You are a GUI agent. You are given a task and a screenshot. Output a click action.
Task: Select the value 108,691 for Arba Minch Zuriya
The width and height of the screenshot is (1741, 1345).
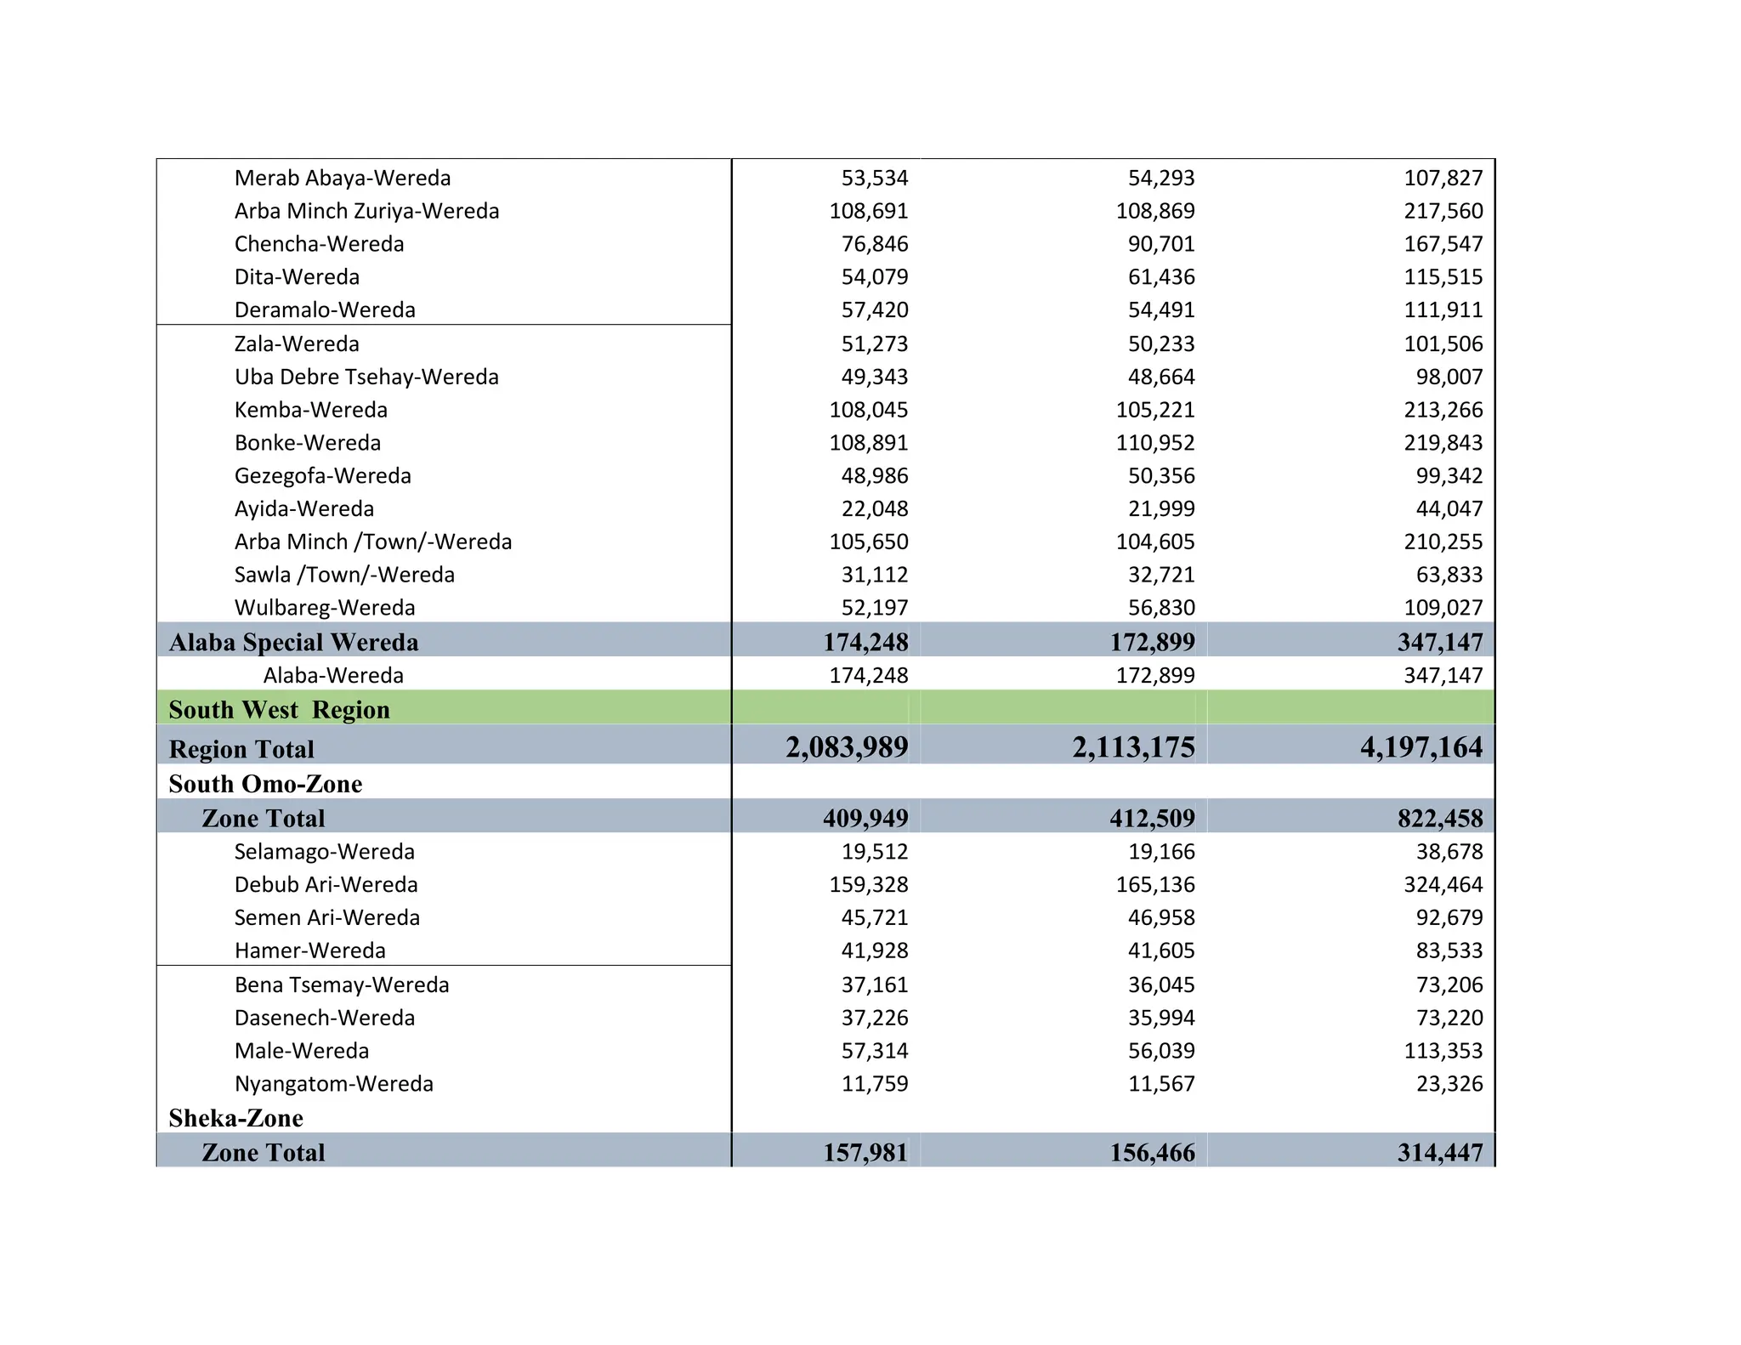tap(868, 211)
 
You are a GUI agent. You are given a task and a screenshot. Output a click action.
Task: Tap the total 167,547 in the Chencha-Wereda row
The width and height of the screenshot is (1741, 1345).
tap(1443, 244)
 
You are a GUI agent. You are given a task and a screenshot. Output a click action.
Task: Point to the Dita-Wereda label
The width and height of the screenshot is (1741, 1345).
tap(297, 277)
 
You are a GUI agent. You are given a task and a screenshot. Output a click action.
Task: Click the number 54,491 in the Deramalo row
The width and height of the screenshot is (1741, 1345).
tap(1160, 310)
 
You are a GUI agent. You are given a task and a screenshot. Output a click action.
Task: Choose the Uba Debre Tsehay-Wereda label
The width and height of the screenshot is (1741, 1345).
tap(366, 377)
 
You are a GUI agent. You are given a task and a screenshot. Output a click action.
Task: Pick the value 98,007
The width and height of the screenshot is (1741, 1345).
tap(1449, 377)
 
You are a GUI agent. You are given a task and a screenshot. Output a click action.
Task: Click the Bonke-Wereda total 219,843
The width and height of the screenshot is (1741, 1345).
tap(1443, 443)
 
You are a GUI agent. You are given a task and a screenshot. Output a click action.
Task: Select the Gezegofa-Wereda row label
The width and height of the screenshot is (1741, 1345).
tap(322, 476)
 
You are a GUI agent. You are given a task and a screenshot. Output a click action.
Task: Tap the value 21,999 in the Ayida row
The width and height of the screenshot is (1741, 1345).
tap(1160, 509)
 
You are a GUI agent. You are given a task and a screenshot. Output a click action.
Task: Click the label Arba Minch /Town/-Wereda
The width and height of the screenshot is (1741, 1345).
tap(373, 542)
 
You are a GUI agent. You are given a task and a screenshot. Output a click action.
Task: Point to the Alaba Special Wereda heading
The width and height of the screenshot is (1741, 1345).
tap(293, 642)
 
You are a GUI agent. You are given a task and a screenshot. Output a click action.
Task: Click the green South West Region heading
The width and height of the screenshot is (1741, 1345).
tap(279, 710)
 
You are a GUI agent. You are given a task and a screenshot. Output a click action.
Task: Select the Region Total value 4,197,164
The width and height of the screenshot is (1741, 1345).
tap(1421, 747)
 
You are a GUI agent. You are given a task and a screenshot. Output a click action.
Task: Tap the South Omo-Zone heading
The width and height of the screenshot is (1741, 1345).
tap(265, 784)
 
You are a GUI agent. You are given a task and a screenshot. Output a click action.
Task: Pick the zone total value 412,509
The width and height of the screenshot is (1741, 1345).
tap(1152, 819)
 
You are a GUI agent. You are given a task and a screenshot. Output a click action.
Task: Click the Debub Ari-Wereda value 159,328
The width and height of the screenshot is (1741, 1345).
tap(868, 885)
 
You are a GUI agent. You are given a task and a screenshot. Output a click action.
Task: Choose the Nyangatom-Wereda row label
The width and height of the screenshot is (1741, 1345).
tap(333, 1084)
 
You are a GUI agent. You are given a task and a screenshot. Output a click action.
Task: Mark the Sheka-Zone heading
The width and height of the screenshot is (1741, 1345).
tap(235, 1118)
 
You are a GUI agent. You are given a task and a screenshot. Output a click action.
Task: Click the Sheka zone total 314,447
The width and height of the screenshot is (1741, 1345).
tap(1439, 1153)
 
